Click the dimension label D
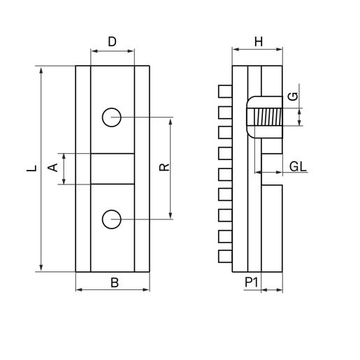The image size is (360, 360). (112, 42)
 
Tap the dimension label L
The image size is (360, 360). (32, 168)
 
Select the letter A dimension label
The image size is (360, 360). (53, 168)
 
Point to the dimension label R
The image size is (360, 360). (164, 167)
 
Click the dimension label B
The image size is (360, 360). (115, 282)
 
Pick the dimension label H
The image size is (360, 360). (259, 42)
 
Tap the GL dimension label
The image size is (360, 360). (298, 167)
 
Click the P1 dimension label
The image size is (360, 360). (252, 282)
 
